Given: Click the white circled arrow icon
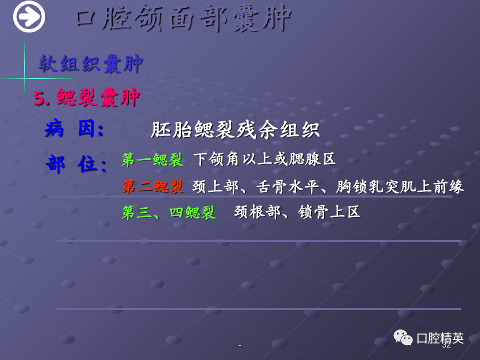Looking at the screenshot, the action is coord(29,16).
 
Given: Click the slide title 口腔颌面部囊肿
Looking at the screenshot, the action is coord(183,18).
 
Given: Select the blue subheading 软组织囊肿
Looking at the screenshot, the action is coord(91,63).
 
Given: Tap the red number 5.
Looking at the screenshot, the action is coord(41,98).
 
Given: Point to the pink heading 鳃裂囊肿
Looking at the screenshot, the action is coord(98,97).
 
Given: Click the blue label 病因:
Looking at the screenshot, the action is coord(74,128).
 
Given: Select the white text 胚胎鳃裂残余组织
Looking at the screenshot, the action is coord(235,130).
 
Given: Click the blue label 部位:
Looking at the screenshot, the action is coord(76,164).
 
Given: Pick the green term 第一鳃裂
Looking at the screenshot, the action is coord(152,159).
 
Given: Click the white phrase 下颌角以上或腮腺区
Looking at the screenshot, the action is coord(265,159).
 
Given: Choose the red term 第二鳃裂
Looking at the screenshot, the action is coord(153,186).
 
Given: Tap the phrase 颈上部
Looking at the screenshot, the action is coord(215,186).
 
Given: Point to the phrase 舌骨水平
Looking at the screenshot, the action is coord(287,186).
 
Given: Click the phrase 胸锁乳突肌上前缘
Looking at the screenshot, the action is coord(400,186).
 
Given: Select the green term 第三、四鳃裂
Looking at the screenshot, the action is coord(169,212).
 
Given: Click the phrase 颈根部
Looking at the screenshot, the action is coord(257,212).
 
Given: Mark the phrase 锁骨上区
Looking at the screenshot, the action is coord(329,212).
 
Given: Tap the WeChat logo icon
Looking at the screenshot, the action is coord(403,337).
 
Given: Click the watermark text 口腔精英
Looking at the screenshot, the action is coord(440,338).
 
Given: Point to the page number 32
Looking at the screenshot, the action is coord(446,345).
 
